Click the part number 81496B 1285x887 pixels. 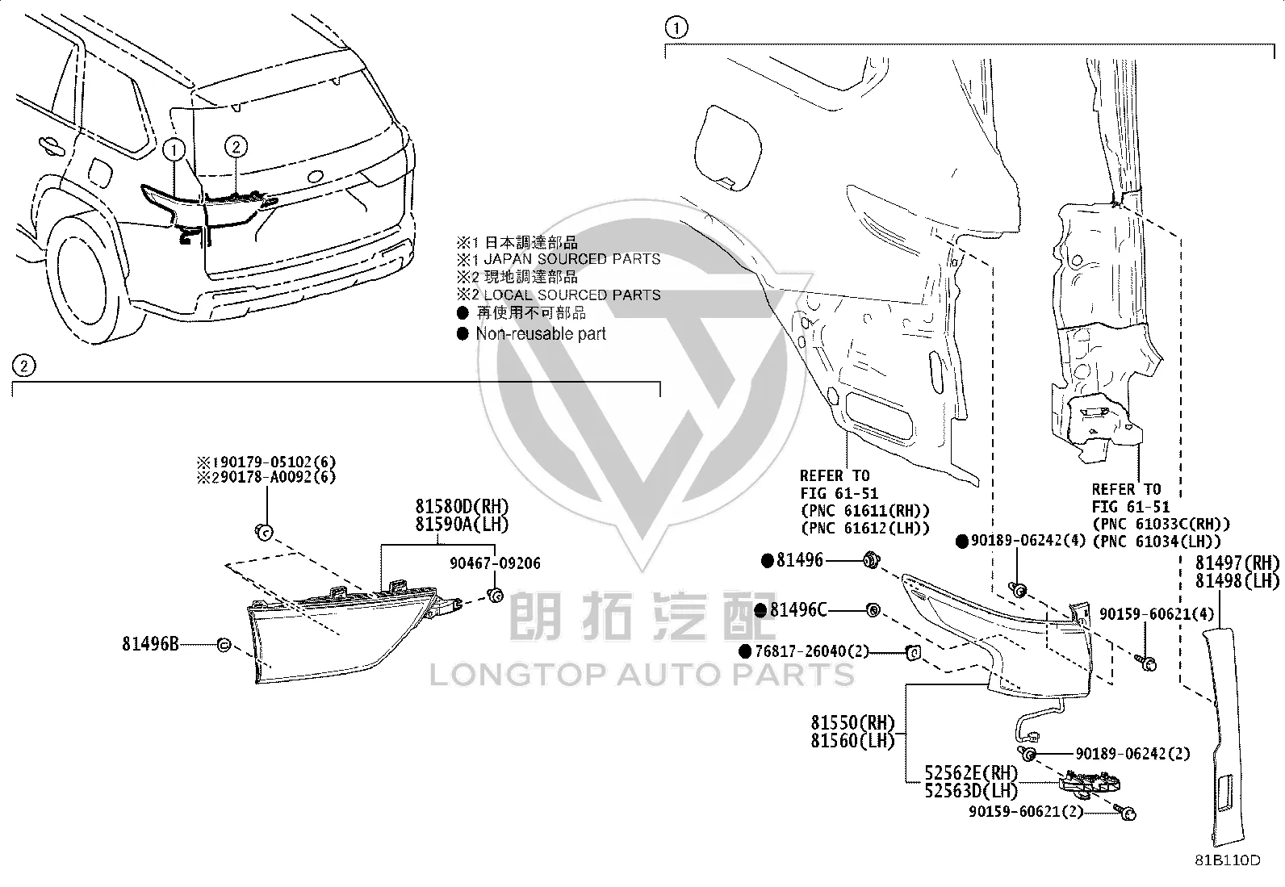point(150,644)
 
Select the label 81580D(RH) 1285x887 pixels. point(463,506)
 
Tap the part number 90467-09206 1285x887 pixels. point(495,563)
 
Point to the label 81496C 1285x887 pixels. point(798,610)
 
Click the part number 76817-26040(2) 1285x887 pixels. point(812,651)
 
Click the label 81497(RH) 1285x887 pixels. point(1237,563)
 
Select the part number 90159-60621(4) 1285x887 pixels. point(1157,614)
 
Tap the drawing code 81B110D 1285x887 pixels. point(1228,860)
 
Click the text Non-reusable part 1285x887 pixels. point(541,334)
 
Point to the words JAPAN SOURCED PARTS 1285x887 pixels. point(572,259)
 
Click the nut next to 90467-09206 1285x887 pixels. point(495,595)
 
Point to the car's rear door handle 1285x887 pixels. point(51,146)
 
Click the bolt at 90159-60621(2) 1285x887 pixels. point(1125,812)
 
